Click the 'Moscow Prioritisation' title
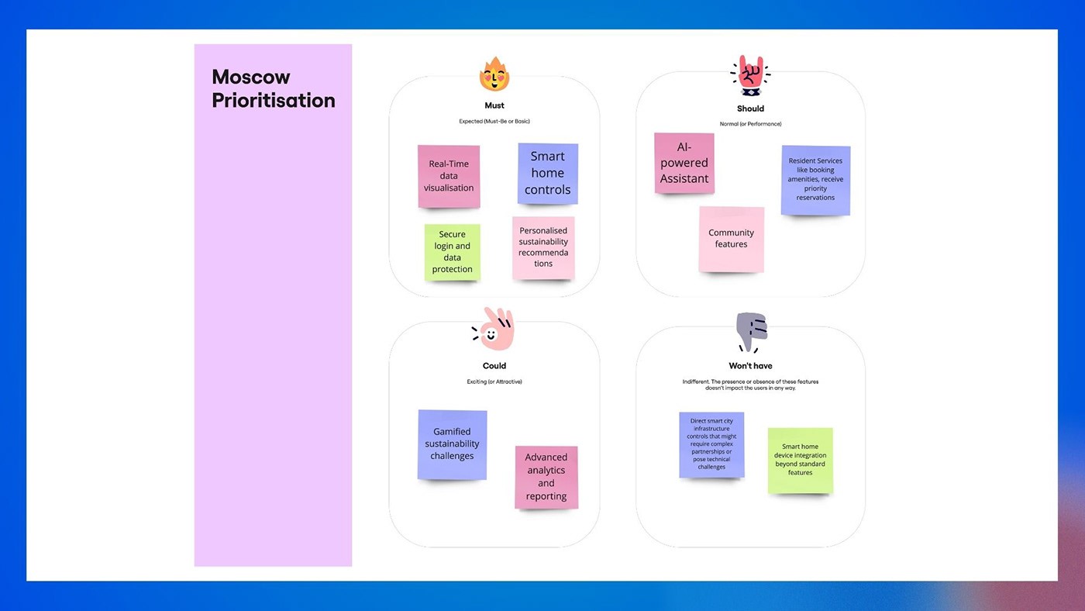[x=274, y=88]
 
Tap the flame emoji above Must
[x=494, y=75]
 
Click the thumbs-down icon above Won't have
[x=751, y=331]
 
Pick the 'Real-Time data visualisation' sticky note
[x=449, y=176]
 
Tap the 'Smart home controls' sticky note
[x=547, y=173]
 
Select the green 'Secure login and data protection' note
[x=453, y=252]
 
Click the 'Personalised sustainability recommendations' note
[x=543, y=247]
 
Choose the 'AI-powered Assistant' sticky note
[x=684, y=163]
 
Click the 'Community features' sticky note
[x=731, y=239]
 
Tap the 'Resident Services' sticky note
[x=815, y=180]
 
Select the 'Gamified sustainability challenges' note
[x=452, y=444]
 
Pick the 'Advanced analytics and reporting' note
[x=546, y=477]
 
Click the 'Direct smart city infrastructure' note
[x=711, y=444]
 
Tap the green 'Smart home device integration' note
[x=801, y=460]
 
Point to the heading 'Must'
[x=494, y=105]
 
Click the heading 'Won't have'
[x=750, y=366]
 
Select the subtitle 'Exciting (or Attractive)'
[x=494, y=381]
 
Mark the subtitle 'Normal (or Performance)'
[x=750, y=124]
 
